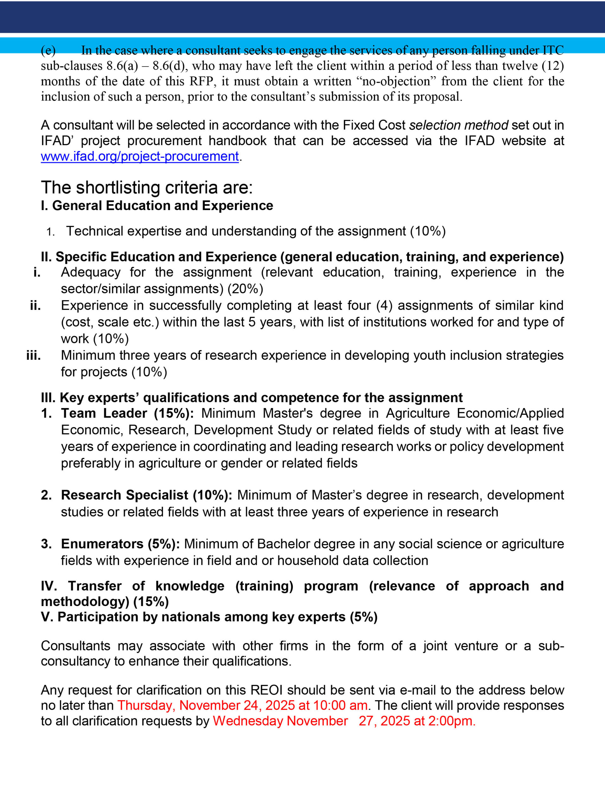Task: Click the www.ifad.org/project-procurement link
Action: [139, 156]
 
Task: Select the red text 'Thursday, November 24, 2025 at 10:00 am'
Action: [242, 705]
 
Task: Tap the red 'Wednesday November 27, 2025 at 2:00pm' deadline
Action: [344, 721]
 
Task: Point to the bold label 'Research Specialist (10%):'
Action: [146, 495]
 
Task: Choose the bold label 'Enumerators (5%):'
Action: [120, 544]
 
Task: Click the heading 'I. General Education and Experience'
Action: [157, 206]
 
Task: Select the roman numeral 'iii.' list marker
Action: [34, 355]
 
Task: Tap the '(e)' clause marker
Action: [48, 50]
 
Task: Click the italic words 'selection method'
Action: [459, 125]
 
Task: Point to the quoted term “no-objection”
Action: [395, 81]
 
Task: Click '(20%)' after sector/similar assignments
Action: [245, 289]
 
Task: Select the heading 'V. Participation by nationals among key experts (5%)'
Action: [209, 617]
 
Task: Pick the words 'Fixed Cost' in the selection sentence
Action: [374, 125]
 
